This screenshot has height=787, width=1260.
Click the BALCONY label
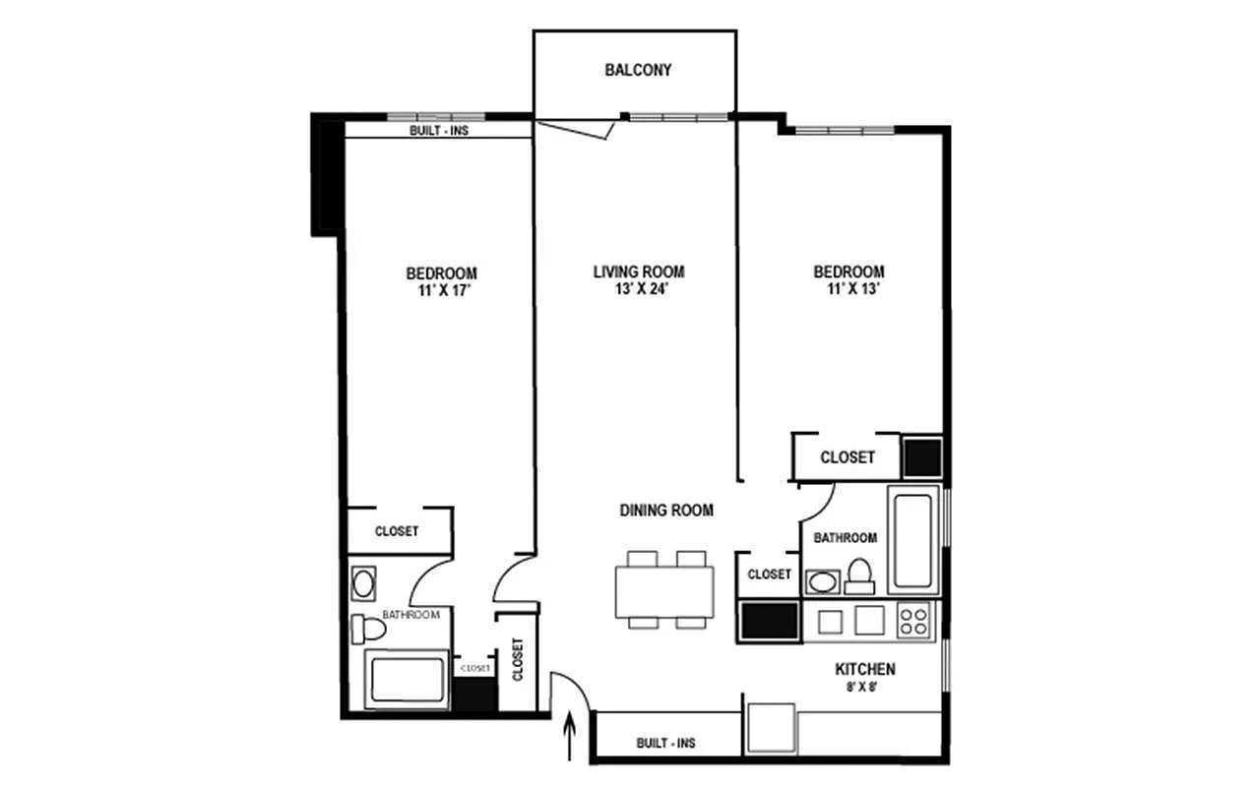click(638, 70)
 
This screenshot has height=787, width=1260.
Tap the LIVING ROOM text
click(639, 272)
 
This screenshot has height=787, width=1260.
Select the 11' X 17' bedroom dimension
click(444, 290)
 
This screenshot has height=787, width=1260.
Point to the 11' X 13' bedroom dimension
click(852, 289)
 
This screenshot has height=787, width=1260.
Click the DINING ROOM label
click(666, 511)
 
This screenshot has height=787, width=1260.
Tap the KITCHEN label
click(865, 669)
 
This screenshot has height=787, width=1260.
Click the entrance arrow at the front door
click(570, 736)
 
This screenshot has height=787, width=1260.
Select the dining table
click(664, 589)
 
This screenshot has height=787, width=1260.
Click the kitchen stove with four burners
click(913, 621)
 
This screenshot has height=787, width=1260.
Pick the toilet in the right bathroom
click(859, 576)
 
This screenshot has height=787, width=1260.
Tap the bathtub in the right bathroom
click(913, 540)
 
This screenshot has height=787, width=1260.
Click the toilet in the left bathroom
click(368, 629)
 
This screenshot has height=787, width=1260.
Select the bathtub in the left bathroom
click(408, 680)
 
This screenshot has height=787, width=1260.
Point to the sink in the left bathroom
click(363, 583)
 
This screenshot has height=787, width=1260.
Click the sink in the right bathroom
click(822, 582)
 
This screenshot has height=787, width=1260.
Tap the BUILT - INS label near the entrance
click(666, 743)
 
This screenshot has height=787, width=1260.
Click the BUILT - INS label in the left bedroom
click(439, 131)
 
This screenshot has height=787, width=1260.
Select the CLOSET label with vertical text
click(518, 659)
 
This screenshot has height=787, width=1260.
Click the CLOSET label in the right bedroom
click(848, 457)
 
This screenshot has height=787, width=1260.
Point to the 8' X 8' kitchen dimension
click(862, 687)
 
